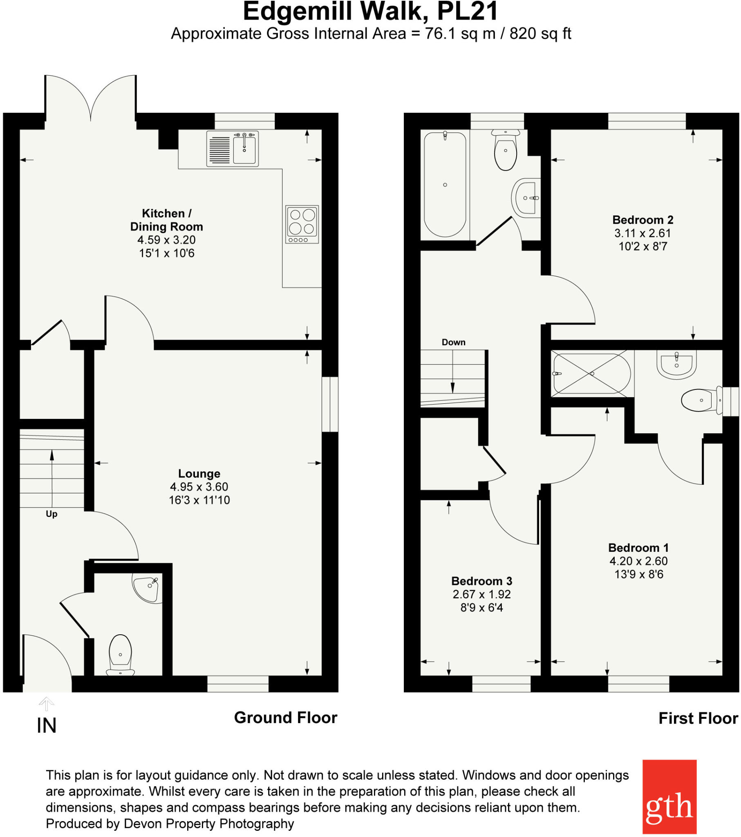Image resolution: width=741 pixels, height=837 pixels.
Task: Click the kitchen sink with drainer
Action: (232, 148)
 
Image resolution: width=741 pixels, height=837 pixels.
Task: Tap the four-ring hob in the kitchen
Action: (302, 224)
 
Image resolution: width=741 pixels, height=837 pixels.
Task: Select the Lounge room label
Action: (199, 473)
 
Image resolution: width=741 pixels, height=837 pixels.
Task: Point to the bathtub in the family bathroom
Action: (445, 184)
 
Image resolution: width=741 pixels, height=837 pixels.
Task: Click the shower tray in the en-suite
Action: (591, 373)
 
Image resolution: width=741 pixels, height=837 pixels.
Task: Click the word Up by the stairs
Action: (51, 514)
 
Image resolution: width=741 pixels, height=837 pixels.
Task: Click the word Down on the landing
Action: (453, 342)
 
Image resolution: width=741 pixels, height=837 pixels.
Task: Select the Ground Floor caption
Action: (286, 717)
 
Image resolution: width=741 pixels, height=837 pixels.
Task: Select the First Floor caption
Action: (698, 718)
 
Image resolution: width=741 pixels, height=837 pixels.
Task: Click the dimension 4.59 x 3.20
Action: (166, 240)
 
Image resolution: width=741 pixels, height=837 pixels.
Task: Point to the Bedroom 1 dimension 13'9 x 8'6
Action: (638, 574)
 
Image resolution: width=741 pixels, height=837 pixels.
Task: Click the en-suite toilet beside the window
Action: (700, 400)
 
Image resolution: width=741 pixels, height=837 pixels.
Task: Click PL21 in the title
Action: (468, 11)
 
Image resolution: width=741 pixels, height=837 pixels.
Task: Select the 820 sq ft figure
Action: (540, 34)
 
